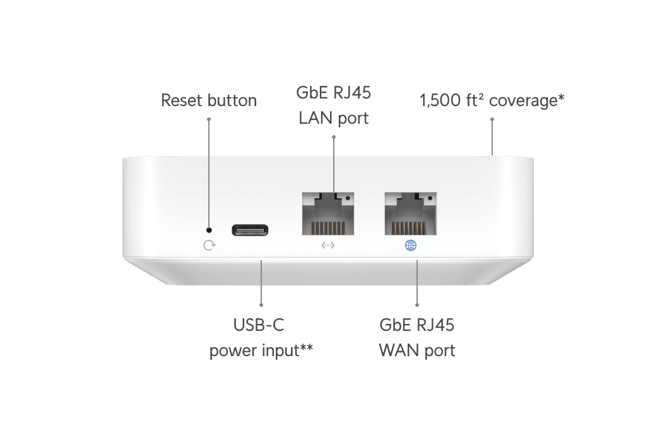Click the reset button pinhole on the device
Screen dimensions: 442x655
(209, 230)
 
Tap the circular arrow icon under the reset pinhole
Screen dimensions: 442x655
(209, 246)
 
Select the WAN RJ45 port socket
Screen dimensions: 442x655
(410, 215)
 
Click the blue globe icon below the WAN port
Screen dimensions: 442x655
(411, 246)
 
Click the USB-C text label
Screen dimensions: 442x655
(259, 326)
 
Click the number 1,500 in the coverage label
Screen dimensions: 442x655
(440, 100)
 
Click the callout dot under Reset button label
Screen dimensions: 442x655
(209, 118)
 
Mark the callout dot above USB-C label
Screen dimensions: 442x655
(261, 306)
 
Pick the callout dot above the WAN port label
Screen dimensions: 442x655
(417, 306)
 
